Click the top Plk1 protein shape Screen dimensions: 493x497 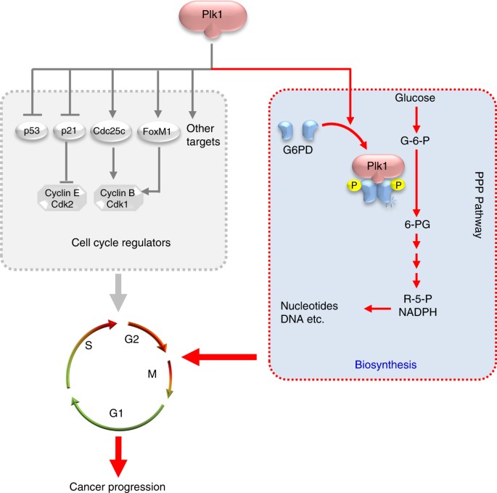(x=210, y=20)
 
